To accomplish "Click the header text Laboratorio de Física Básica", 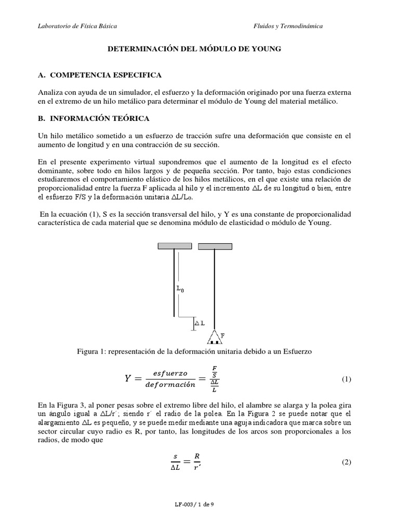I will pos(77,25).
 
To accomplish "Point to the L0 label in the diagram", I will pos(180,289).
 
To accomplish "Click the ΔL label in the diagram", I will pos(199,323).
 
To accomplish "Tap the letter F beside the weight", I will pos(222,336).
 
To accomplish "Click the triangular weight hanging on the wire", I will pos(214,339).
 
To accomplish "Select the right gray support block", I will pos(214,245).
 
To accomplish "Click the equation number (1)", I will pos(347,379).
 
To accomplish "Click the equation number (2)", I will pos(347,462).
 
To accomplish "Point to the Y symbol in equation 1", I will pos(127,379).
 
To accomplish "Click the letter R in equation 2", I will pos(196,456).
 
